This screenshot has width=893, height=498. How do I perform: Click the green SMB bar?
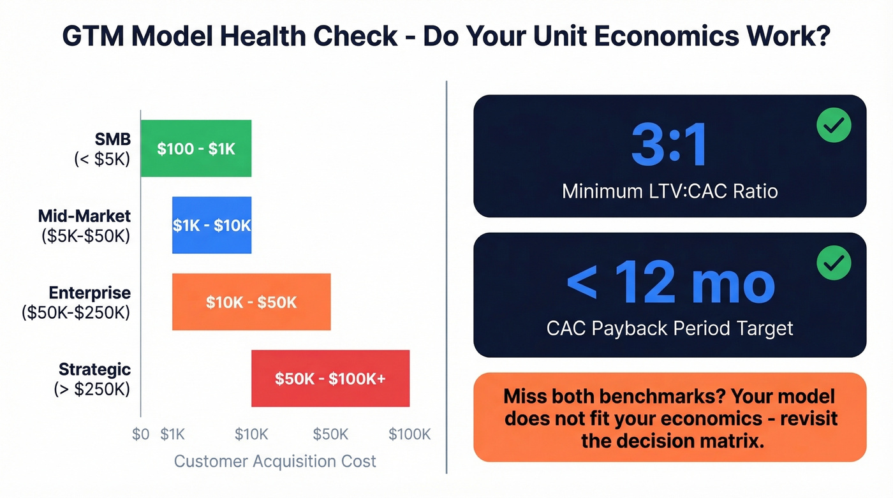(196, 149)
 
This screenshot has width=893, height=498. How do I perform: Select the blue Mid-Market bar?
(212, 225)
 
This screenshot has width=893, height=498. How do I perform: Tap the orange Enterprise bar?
(251, 302)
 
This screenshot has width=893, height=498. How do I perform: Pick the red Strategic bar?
(330, 378)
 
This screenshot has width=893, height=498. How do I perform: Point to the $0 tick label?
(140, 434)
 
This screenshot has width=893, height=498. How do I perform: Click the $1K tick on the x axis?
(172, 434)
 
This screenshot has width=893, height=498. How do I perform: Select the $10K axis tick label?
(251, 434)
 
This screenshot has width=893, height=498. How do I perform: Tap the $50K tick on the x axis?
(330, 434)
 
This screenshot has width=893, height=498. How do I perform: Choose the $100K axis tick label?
(410, 434)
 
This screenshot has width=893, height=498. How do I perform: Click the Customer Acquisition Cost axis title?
(275, 461)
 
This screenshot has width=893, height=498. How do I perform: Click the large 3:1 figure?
(669, 147)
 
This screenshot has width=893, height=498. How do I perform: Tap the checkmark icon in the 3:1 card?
(834, 125)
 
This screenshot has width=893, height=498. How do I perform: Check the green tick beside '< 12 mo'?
(834, 262)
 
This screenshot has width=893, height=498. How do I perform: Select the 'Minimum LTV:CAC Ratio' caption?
(670, 191)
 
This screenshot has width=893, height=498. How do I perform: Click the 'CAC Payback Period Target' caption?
(670, 328)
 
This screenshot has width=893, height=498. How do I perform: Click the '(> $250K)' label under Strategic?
(92, 388)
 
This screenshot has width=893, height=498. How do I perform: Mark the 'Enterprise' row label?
(89, 293)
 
